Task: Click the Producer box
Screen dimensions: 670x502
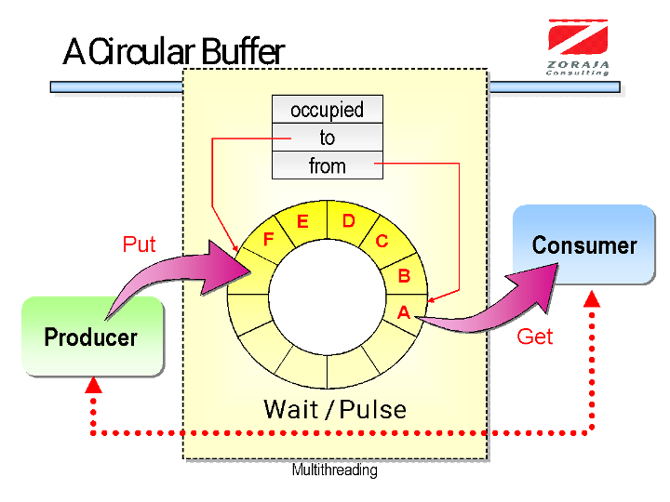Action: pyautogui.click(x=93, y=337)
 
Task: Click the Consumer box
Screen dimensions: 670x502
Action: pyautogui.click(x=583, y=244)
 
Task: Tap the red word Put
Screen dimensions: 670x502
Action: pyautogui.click(x=139, y=244)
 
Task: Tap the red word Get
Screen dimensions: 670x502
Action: pyautogui.click(x=534, y=337)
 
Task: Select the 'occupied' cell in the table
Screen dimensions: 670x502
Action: pyautogui.click(x=328, y=110)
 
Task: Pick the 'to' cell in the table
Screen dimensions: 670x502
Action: pyautogui.click(x=328, y=138)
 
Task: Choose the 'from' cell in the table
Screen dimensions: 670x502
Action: pyautogui.click(x=328, y=165)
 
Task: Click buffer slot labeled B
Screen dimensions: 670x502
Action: pyautogui.click(x=404, y=275)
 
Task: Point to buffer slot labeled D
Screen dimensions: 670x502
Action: pyautogui.click(x=350, y=222)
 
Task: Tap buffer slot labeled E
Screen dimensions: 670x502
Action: pyautogui.click(x=302, y=223)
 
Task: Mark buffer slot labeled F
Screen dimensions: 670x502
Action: pyautogui.click(x=267, y=239)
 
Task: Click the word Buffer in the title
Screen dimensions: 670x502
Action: pyautogui.click(x=243, y=52)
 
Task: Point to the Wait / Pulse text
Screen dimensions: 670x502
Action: pyautogui.click(x=335, y=409)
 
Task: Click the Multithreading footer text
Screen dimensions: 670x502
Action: pyautogui.click(x=335, y=470)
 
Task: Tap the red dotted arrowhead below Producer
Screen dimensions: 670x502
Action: pyautogui.click(x=93, y=386)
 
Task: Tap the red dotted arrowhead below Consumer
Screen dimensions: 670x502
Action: pyautogui.click(x=592, y=299)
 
